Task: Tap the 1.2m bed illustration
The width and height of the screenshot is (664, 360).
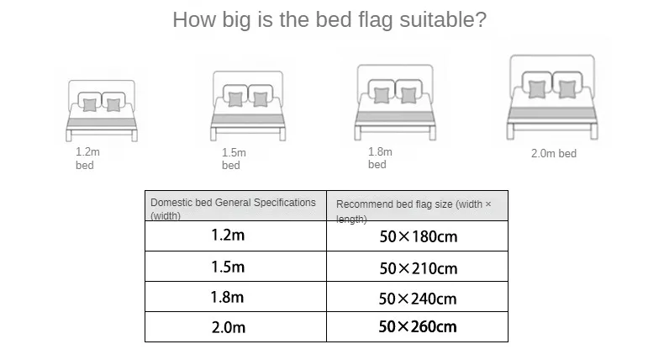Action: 102,111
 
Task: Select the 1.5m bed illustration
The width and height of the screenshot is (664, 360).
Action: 248,106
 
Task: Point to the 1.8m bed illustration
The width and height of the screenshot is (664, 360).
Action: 395,102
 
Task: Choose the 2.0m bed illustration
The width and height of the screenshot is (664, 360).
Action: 552,97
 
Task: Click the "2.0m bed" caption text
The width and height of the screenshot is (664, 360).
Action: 554,153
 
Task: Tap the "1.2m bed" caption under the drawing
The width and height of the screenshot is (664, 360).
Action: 87,159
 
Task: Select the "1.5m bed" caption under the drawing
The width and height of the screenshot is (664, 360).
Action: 234,159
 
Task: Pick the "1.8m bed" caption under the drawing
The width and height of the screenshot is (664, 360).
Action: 380,158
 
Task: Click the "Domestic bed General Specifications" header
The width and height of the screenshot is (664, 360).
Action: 233,203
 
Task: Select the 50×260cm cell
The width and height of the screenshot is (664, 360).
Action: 417,327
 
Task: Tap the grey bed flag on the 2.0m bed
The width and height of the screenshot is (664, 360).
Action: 552,113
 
